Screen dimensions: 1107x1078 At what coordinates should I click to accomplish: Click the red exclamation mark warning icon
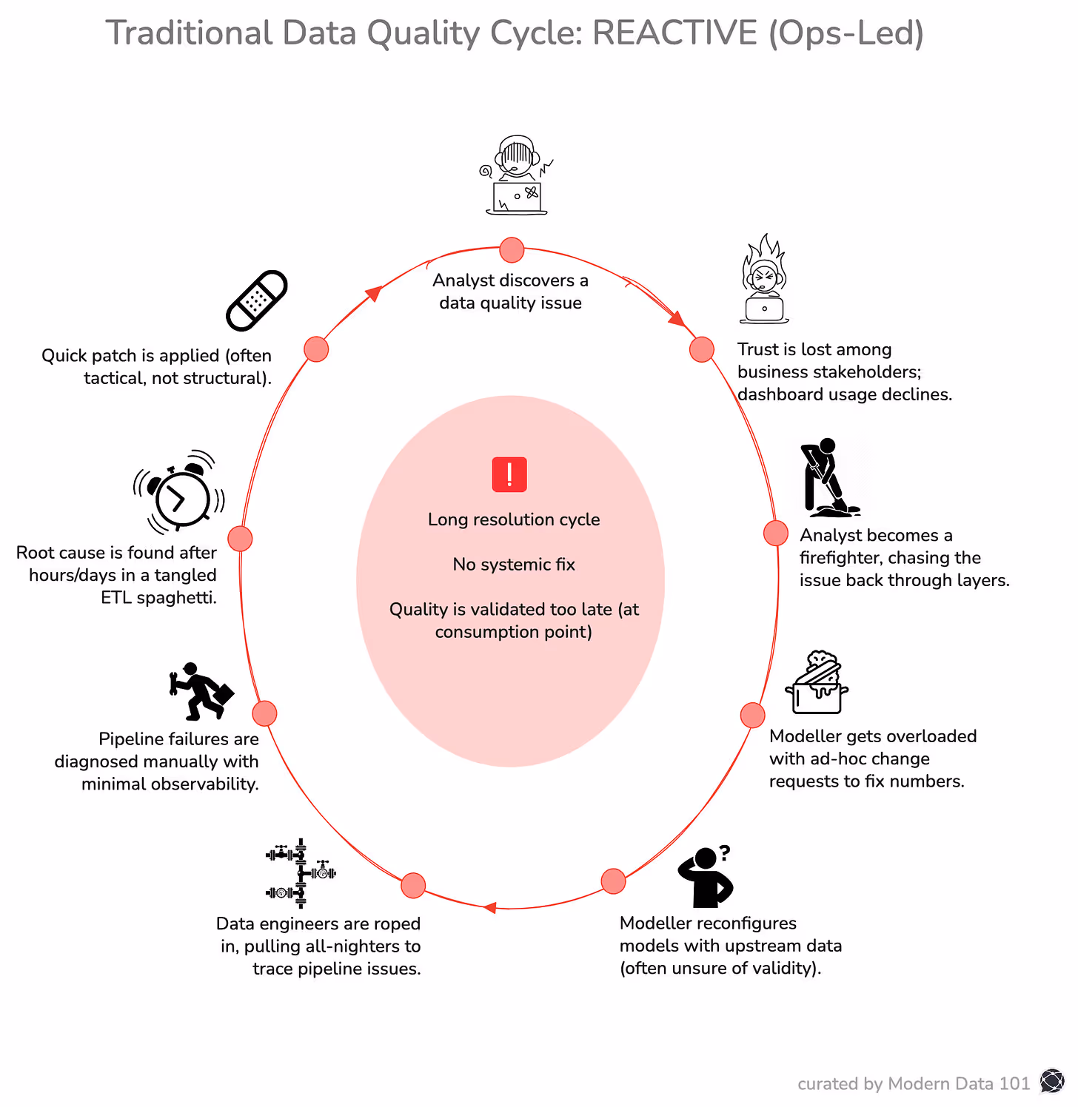pos(509,474)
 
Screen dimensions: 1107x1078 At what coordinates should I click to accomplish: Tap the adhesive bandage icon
pos(256,300)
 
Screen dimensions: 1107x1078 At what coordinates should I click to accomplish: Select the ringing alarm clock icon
pos(179,492)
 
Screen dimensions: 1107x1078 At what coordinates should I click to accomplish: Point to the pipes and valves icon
pos(301,873)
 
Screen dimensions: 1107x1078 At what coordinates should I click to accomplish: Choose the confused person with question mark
pos(706,878)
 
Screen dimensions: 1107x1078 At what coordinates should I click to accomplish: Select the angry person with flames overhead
pos(764,281)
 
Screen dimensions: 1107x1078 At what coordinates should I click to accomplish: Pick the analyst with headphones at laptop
pos(517,176)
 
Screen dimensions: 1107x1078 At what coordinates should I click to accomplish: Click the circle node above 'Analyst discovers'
pos(512,250)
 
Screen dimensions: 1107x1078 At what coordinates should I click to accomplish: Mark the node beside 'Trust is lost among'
pos(702,349)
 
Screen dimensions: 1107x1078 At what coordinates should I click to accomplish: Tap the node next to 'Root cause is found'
pos(240,538)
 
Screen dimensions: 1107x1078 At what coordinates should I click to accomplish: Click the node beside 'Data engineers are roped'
pos(413,885)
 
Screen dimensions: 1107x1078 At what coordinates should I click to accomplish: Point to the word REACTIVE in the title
pos(675,33)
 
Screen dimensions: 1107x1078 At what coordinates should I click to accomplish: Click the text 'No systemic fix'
pos(514,565)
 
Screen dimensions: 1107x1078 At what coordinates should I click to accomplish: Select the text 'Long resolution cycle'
pos(514,519)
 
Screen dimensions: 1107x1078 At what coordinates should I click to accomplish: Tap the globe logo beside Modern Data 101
pos(1051,1082)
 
